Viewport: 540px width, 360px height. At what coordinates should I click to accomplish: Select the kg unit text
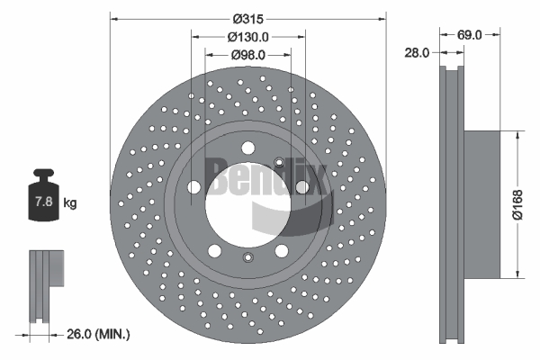coord(70,202)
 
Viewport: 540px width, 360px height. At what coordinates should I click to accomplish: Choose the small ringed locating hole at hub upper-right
coord(279,162)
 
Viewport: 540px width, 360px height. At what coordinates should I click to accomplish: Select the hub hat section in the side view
coord(481,205)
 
